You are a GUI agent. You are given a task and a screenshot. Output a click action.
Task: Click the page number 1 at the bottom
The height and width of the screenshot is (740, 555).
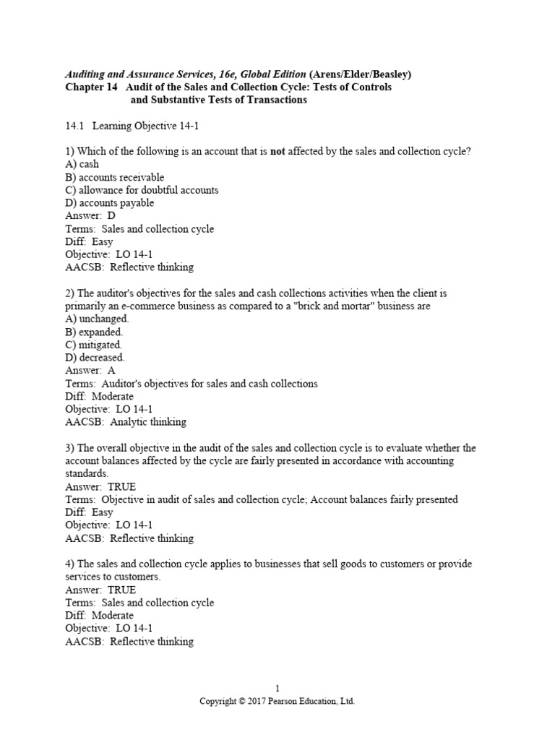tap(277, 689)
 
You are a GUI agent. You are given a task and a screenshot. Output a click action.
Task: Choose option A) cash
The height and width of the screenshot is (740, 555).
tap(82, 164)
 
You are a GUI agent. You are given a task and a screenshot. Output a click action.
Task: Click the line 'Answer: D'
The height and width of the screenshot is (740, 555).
tap(90, 216)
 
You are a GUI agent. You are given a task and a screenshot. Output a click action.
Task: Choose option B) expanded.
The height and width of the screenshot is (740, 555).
tap(94, 332)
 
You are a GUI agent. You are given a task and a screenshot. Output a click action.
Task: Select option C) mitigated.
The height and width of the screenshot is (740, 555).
tap(93, 345)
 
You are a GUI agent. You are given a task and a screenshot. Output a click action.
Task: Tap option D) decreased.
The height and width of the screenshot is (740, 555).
tap(95, 358)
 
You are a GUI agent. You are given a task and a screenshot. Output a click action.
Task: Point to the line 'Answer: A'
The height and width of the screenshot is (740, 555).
tap(90, 371)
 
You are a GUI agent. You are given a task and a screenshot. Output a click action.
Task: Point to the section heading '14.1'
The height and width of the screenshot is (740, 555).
tap(74, 126)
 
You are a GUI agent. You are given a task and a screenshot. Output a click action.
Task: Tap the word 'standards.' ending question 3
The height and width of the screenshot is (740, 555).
tap(87, 473)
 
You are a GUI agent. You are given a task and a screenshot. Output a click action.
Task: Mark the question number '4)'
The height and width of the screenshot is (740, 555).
tap(70, 564)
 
